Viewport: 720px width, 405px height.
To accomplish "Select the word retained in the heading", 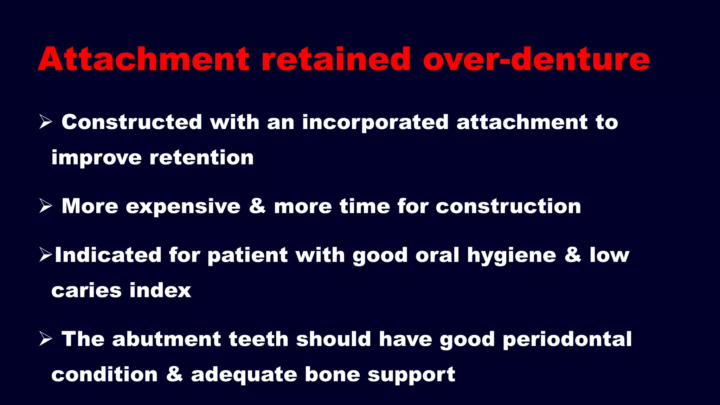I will point(336,59).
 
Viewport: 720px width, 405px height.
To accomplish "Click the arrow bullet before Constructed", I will point(46,122).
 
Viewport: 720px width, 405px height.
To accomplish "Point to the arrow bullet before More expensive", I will point(46,206).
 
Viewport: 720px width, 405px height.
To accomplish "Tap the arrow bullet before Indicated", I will point(46,255).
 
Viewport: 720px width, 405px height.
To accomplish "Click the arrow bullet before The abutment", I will point(46,339).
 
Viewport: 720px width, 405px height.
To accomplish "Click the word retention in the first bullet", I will point(201,157).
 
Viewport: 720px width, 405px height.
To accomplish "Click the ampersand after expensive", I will point(257,206).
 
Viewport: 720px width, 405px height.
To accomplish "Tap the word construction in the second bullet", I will point(508,206).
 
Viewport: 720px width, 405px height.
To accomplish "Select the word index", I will point(160,290).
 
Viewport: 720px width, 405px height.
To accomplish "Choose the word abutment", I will point(167,339).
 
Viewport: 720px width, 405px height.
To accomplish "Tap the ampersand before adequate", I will point(174,374).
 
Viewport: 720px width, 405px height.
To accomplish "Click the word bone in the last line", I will point(332,374).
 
